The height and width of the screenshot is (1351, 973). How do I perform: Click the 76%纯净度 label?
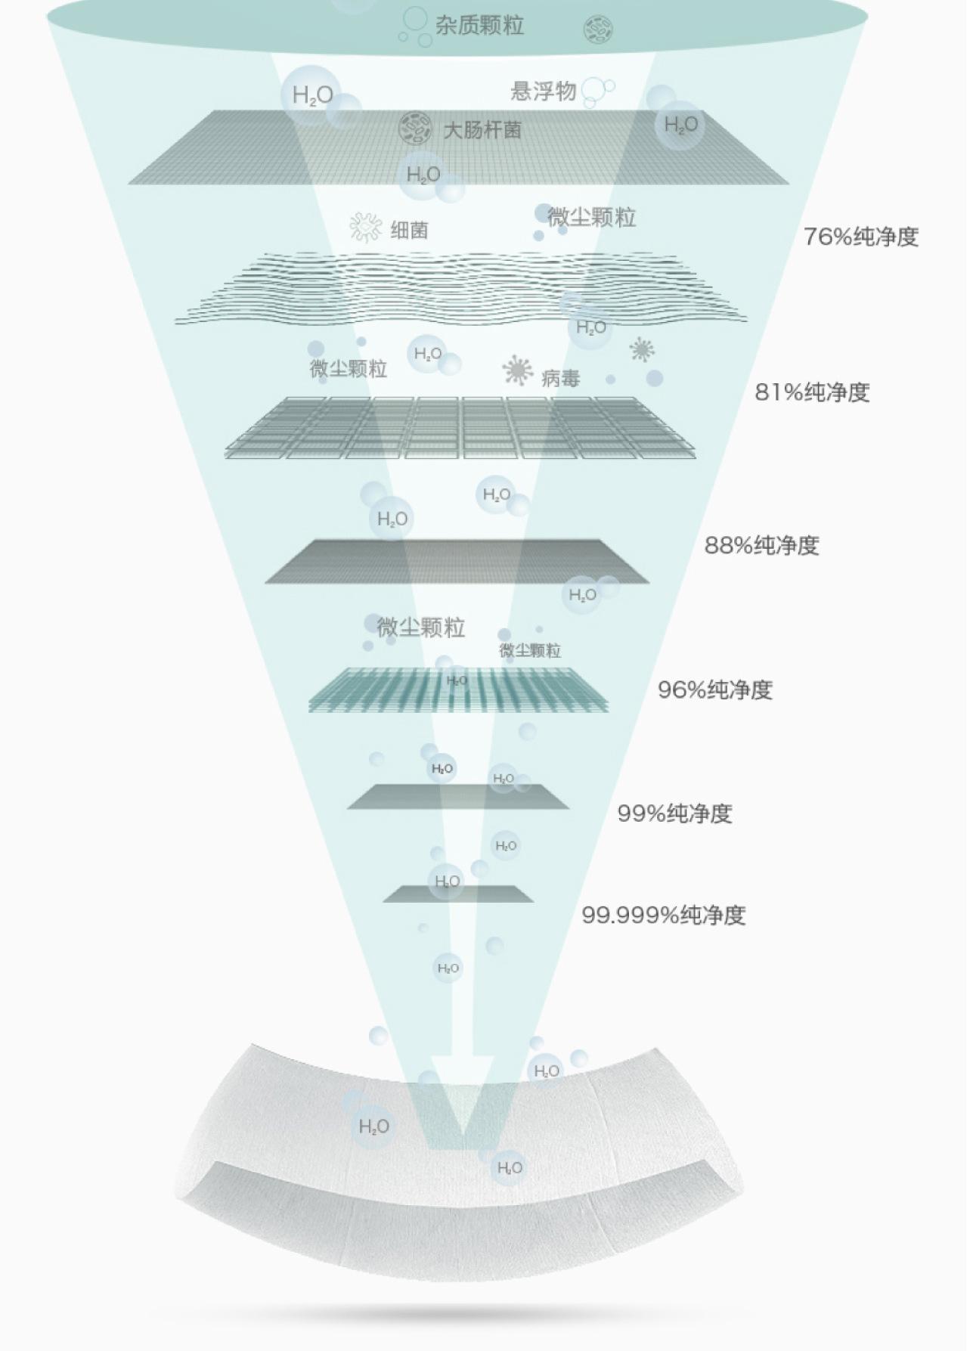pyautogui.click(x=860, y=237)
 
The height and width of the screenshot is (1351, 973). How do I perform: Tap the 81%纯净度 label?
pyautogui.click(x=812, y=392)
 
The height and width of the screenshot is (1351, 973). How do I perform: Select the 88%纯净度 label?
pyautogui.click(x=761, y=545)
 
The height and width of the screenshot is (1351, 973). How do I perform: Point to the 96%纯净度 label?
pyautogui.click(x=714, y=689)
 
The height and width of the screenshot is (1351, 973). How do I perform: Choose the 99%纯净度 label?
pyautogui.click(x=674, y=813)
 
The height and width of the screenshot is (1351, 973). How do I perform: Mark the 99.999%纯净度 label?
pyautogui.click(x=663, y=915)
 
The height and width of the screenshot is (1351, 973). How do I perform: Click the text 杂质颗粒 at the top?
pyautogui.click(x=479, y=26)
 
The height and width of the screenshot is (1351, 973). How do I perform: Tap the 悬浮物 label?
pyautogui.click(x=543, y=91)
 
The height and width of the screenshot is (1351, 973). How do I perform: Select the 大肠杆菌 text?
pyautogui.click(x=482, y=130)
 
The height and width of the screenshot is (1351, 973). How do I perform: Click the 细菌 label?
pyautogui.click(x=409, y=230)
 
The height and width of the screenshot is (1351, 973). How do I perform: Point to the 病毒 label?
pyautogui.click(x=560, y=378)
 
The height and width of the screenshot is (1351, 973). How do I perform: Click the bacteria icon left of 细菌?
pyautogui.click(x=365, y=227)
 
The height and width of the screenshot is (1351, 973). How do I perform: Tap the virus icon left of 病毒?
pyautogui.click(x=517, y=370)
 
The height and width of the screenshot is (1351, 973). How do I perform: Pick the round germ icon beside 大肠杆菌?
pyautogui.click(x=414, y=128)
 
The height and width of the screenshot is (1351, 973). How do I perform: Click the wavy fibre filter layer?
pyautogui.click(x=461, y=287)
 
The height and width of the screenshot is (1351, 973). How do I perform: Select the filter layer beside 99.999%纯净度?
pyautogui.click(x=458, y=894)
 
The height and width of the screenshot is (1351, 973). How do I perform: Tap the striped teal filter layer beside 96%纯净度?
pyautogui.click(x=458, y=689)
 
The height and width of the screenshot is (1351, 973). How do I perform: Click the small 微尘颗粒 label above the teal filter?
pyautogui.click(x=530, y=650)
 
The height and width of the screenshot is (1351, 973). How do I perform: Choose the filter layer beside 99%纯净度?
pyautogui.click(x=458, y=797)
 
